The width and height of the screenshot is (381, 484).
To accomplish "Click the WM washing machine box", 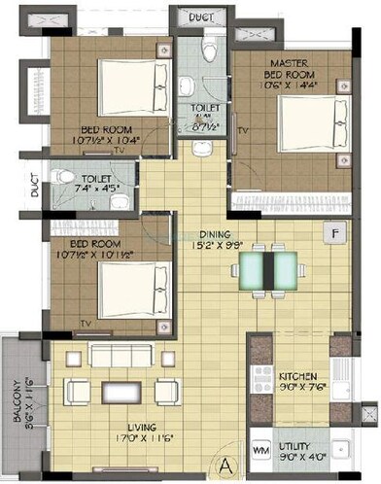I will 261,450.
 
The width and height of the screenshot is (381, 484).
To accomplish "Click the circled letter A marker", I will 225,463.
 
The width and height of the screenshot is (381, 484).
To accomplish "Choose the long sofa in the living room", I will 121,355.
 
